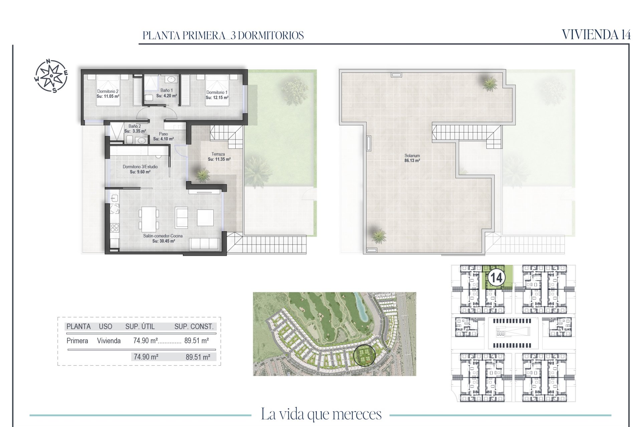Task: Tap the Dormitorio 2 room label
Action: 108,94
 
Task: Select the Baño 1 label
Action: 166,93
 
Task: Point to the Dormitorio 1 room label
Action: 217,95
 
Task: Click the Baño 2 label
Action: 135,129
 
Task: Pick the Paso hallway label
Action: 163,136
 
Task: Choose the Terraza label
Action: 219,157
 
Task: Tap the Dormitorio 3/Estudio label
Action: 140,169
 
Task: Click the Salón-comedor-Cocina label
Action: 163,239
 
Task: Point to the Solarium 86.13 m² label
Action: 412,158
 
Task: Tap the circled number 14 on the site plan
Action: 496,277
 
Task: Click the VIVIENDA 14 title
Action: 596,35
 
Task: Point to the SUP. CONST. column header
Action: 194,327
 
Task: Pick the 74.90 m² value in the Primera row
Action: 146,341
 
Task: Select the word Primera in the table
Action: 77,341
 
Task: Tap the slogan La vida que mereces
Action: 321,414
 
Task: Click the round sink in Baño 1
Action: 171,79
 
